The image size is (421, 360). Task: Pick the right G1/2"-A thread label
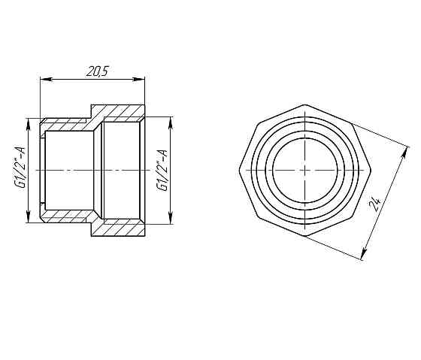162,168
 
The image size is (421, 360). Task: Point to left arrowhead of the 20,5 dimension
42,78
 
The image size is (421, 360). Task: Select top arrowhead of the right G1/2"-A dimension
171,120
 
